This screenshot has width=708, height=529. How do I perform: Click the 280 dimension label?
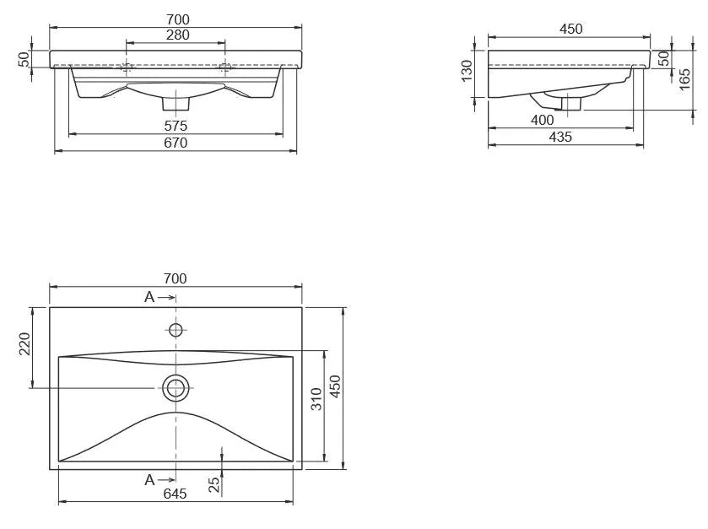(177, 35)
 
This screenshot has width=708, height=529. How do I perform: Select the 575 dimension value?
(176, 126)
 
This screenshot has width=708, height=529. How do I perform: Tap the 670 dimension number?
(176, 143)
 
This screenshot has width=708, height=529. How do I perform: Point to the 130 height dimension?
(467, 71)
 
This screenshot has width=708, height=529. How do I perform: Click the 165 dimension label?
(684, 79)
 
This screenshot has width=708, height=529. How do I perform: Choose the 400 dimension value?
(542, 120)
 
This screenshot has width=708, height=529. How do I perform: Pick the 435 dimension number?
(559, 137)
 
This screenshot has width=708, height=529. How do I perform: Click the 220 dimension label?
(24, 343)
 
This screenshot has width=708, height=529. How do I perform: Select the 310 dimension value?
(317, 399)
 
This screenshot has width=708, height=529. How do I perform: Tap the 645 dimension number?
(175, 494)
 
